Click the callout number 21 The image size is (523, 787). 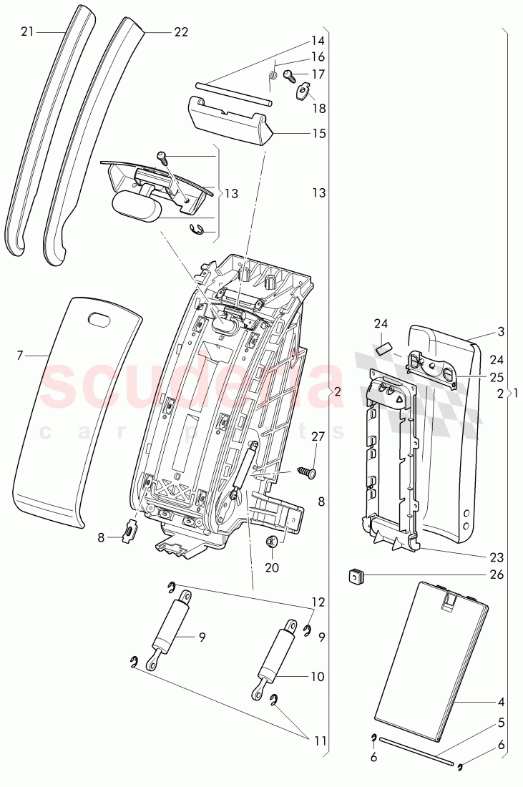[x=27, y=31]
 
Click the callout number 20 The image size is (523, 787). [x=273, y=568]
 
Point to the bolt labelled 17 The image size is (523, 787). [x=289, y=74]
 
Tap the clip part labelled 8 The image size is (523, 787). [x=129, y=532]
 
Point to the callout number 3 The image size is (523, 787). [x=500, y=333]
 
